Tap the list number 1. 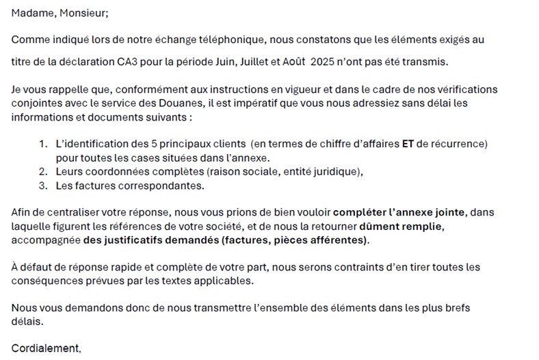[42, 144]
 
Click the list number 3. [42, 185]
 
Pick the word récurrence [460, 144]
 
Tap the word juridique [331, 172]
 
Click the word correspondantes [163, 185]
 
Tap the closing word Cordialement [45, 348]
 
